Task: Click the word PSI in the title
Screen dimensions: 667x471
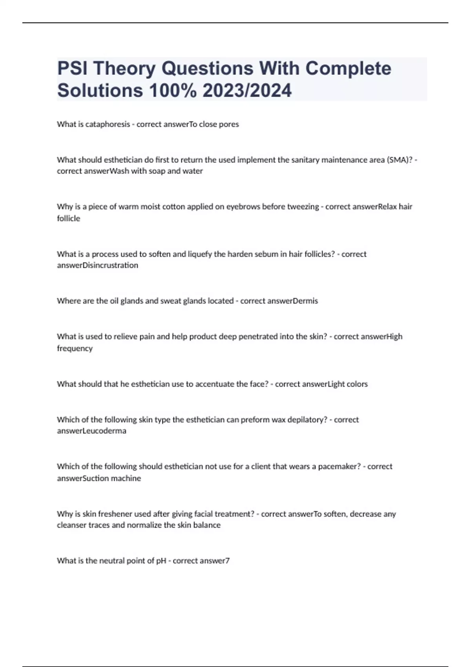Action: point(72,69)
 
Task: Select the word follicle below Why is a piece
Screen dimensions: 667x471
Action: point(68,219)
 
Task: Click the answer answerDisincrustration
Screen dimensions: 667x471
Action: point(97,266)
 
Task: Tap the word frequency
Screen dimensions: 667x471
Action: point(75,348)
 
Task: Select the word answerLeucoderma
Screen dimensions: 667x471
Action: point(91,431)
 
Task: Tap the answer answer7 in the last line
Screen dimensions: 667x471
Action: point(215,561)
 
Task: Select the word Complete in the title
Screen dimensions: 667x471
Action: point(348,69)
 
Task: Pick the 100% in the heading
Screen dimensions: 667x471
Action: point(173,91)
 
